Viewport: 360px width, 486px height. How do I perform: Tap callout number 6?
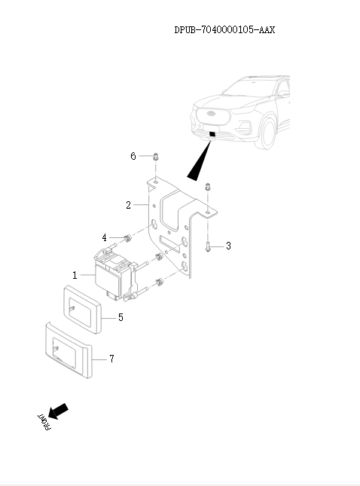133,156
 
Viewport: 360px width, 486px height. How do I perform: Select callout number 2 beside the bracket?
129,204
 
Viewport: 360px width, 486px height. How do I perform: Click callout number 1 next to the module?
75,276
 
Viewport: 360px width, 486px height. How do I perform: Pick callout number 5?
121,318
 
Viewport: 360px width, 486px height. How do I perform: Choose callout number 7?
111,359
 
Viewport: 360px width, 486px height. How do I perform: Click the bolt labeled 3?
206,245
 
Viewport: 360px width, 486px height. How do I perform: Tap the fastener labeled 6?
154,157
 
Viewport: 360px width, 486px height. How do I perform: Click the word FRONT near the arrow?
42,423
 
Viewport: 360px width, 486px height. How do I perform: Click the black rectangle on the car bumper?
213,136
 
